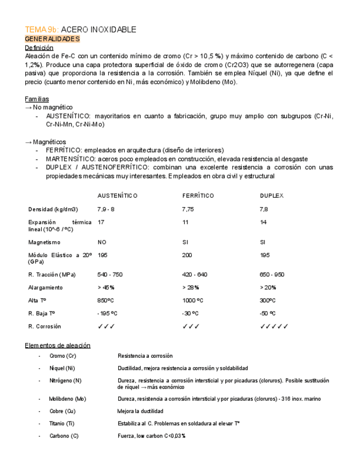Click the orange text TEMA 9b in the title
(x=42, y=30)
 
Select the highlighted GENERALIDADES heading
(x=53, y=39)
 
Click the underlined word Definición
(x=39, y=48)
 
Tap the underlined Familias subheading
(x=37, y=99)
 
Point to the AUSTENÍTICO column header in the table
(x=117, y=196)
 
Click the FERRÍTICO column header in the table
(x=198, y=196)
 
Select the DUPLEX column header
(x=272, y=196)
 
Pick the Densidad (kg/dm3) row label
(x=53, y=209)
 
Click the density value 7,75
(x=189, y=209)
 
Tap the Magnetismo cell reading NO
(x=102, y=242)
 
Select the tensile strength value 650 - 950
(x=272, y=274)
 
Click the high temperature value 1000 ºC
(x=192, y=301)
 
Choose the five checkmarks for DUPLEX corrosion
(x=274, y=326)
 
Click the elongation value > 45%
(x=106, y=287)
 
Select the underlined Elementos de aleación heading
(x=58, y=345)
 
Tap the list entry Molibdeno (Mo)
(x=68, y=399)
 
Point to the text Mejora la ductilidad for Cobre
(x=140, y=411)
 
